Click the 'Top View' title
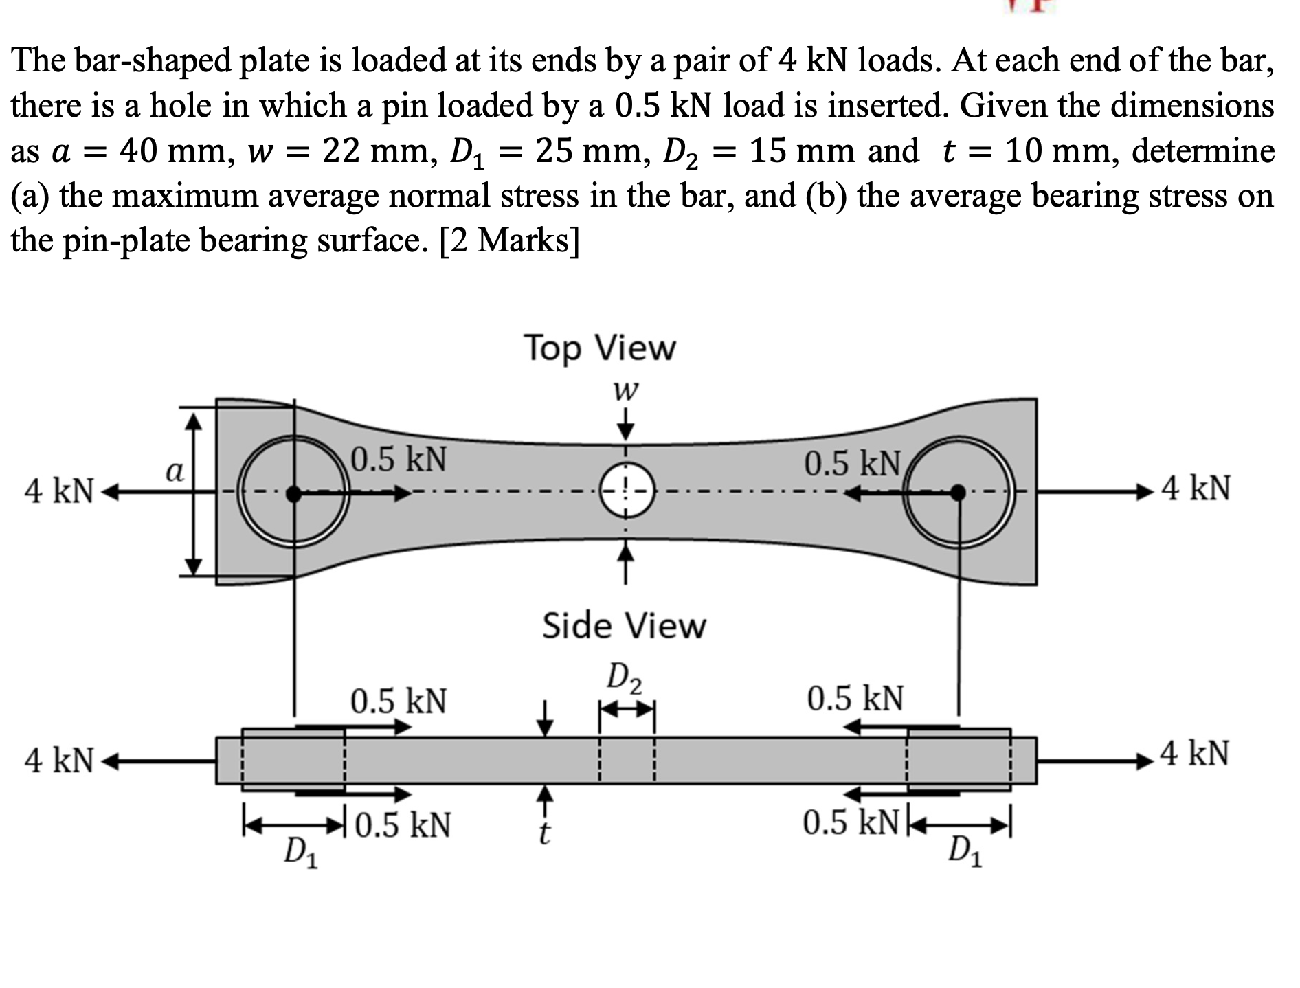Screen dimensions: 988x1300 coord(600,348)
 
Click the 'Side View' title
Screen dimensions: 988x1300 coord(624,626)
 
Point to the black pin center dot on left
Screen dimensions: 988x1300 coord(294,493)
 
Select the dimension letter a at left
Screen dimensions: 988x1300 coord(175,472)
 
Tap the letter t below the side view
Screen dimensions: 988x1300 coord(544,833)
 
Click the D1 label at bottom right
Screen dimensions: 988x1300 coord(965,854)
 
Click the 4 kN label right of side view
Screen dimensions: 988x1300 coord(1195,754)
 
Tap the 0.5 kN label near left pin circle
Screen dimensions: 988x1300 coord(399,459)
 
